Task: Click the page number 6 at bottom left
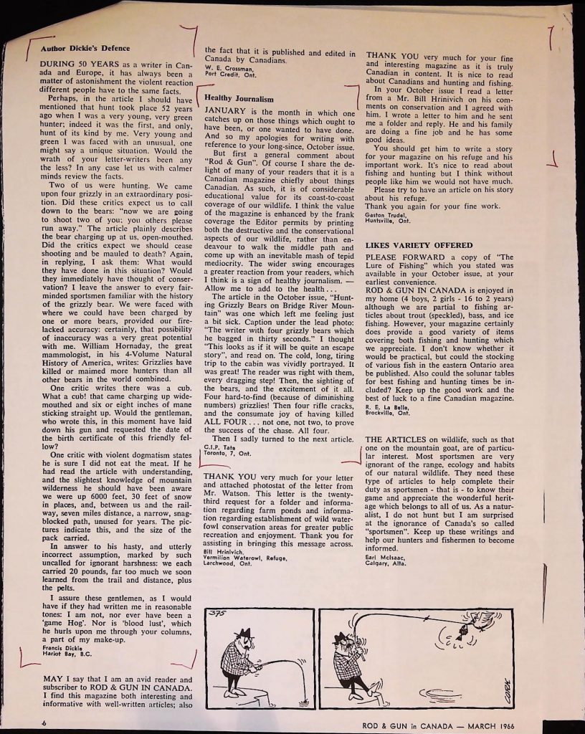(44, 724)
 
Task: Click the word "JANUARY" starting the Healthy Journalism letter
(227, 113)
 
